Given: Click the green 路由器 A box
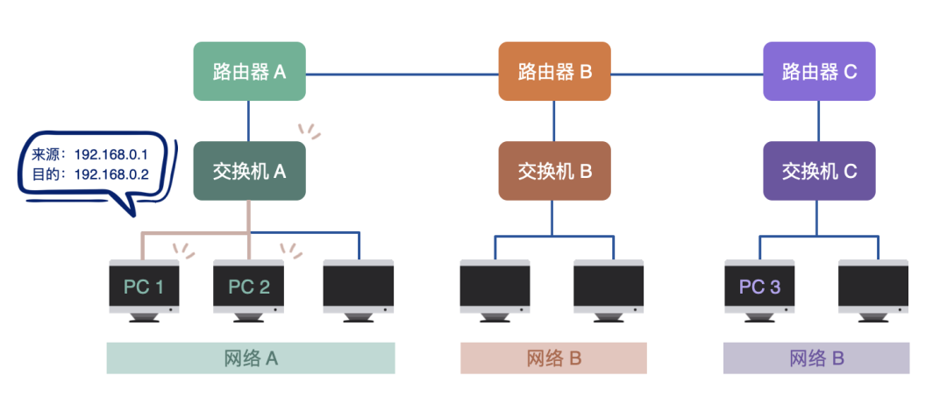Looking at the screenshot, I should point(249,71).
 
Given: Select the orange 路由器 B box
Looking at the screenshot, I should point(554,71).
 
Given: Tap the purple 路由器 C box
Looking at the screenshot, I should point(819,71).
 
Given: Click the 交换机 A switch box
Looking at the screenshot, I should point(249,171).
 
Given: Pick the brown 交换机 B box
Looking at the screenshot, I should point(554,171).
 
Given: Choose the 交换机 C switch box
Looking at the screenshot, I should point(819,171).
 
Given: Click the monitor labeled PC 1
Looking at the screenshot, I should point(144,287).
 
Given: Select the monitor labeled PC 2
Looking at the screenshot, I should point(249,287).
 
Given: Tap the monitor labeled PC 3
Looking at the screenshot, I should point(759,287).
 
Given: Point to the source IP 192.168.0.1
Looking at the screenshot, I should point(111,154).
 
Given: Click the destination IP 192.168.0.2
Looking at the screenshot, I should point(111,174).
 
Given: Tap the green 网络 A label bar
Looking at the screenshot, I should point(250,358).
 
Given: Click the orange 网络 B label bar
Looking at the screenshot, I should point(553,358).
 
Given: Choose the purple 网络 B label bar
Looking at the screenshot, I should point(816,358).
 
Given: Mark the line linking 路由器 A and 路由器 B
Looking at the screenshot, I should point(402,73).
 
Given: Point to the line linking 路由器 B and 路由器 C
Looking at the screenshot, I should point(687,73).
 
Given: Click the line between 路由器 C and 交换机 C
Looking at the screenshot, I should point(819,120).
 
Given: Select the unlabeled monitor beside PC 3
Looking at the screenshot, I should point(873,287).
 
